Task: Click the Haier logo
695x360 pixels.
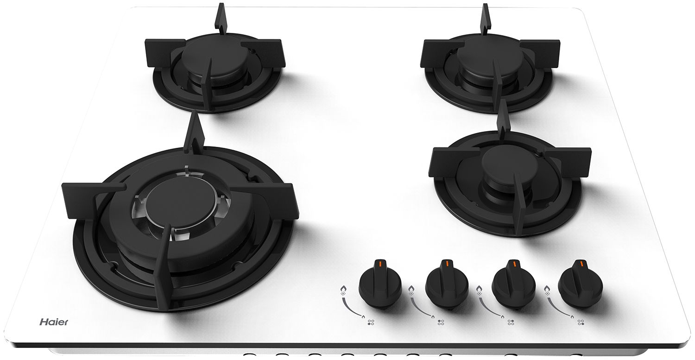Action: coord(54,322)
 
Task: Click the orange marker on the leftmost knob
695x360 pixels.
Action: coord(380,264)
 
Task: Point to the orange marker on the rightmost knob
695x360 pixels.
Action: coord(581,264)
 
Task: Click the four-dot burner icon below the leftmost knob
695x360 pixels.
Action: coord(371,322)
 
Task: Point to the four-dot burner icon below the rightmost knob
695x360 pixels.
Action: coord(581,322)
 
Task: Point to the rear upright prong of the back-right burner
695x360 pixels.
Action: coord(485,19)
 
